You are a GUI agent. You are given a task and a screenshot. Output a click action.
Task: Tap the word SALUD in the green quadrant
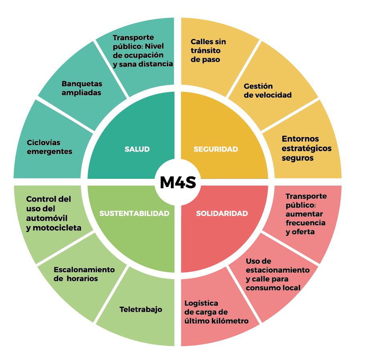137,149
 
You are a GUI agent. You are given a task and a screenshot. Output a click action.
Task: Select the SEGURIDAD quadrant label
216,149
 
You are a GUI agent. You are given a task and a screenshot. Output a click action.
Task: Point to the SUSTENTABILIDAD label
134,213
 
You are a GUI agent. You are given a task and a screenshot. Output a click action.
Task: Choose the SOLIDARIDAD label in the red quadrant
222,213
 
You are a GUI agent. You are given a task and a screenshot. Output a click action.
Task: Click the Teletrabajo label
141,309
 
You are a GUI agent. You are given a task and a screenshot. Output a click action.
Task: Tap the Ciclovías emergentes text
50,147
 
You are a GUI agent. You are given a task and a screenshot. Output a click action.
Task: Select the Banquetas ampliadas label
82,88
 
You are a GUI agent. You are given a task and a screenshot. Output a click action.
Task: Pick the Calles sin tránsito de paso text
208,51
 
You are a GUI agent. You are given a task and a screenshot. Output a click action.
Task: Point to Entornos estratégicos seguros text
301,148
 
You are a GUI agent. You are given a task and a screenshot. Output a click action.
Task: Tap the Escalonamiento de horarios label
84,274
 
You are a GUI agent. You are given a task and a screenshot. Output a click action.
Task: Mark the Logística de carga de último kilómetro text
216,312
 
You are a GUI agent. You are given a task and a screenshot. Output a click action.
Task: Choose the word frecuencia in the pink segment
305,222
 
